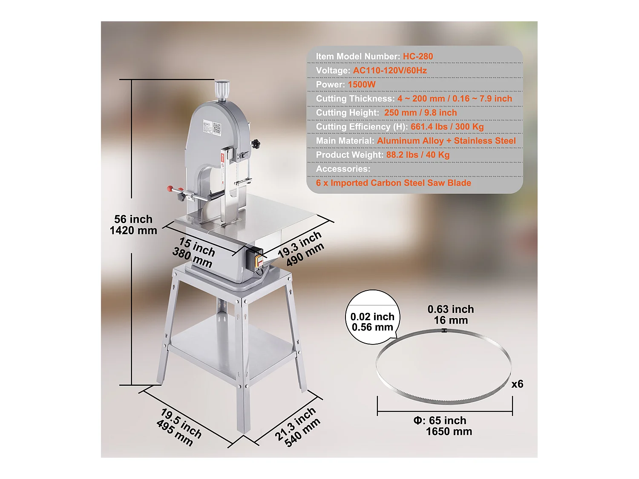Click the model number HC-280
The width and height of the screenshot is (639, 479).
[417, 56]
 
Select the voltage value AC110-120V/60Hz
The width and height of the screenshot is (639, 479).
[390, 70]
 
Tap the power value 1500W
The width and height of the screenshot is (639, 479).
[362, 84]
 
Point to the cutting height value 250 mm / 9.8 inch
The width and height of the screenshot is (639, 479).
[420, 112]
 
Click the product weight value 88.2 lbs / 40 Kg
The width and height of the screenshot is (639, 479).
[417, 155]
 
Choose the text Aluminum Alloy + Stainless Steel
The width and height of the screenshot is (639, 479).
[446, 141]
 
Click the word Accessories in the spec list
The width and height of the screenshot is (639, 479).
[343, 169]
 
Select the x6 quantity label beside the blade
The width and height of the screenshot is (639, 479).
[517, 384]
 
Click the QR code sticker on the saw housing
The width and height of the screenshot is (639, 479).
[217, 127]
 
